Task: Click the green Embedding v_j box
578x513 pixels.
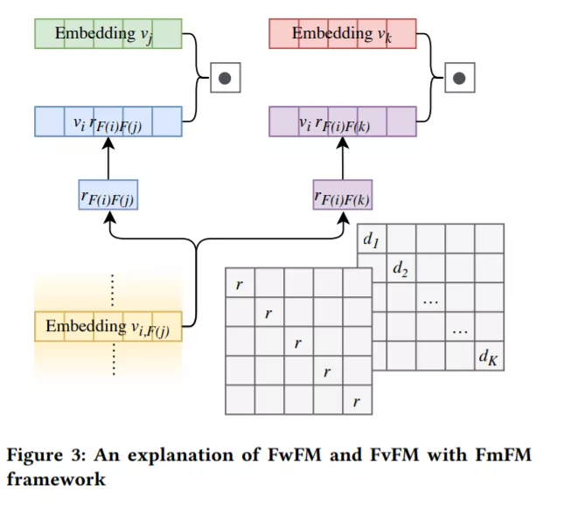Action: [x=108, y=33]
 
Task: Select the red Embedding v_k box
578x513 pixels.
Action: [x=343, y=33]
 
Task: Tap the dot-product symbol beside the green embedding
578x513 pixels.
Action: [x=226, y=78]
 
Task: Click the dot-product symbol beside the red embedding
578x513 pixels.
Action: [x=460, y=78]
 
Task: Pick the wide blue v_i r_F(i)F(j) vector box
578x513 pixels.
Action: [x=108, y=121]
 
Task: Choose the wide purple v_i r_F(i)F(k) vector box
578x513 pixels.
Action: [x=343, y=121]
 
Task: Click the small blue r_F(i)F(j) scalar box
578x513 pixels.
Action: [x=108, y=195]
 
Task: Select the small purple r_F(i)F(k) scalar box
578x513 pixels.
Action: [x=343, y=195]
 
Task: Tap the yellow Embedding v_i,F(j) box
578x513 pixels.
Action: [x=108, y=327]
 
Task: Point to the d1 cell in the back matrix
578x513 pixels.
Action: [x=372, y=239]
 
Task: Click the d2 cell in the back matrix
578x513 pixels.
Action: [x=401, y=268]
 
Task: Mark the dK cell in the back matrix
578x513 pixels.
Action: [x=489, y=356]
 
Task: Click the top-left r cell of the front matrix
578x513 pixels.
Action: [x=240, y=282]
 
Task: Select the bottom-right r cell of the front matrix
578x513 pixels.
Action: [x=357, y=400]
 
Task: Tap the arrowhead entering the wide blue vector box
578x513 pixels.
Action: [x=108, y=143]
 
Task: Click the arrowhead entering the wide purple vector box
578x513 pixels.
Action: [x=343, y=143]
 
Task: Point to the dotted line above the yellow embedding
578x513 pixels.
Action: [x=113, y=290]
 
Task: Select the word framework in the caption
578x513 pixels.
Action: [x=56, y=479]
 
